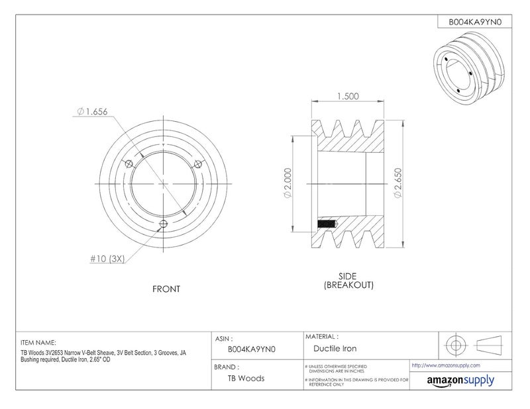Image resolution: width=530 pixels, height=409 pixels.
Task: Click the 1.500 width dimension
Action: click(348, 96)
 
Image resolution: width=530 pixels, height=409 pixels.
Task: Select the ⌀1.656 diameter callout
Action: click(92, 111)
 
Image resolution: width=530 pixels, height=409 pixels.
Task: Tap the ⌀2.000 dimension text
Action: click(288, 183)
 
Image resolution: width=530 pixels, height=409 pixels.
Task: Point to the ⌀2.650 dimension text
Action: click(398, 183)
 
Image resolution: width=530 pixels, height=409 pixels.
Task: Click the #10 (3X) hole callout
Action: click(107, 259)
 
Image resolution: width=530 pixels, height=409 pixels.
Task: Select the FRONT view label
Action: click(166, 289)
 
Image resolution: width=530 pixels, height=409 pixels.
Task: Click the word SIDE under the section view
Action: click(347, 276)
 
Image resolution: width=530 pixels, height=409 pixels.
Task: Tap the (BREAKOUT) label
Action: click(348, 285)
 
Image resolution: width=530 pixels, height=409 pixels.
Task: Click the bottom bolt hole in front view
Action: click(164, 223)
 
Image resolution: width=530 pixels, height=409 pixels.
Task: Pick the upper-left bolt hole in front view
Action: click(129, 164)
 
